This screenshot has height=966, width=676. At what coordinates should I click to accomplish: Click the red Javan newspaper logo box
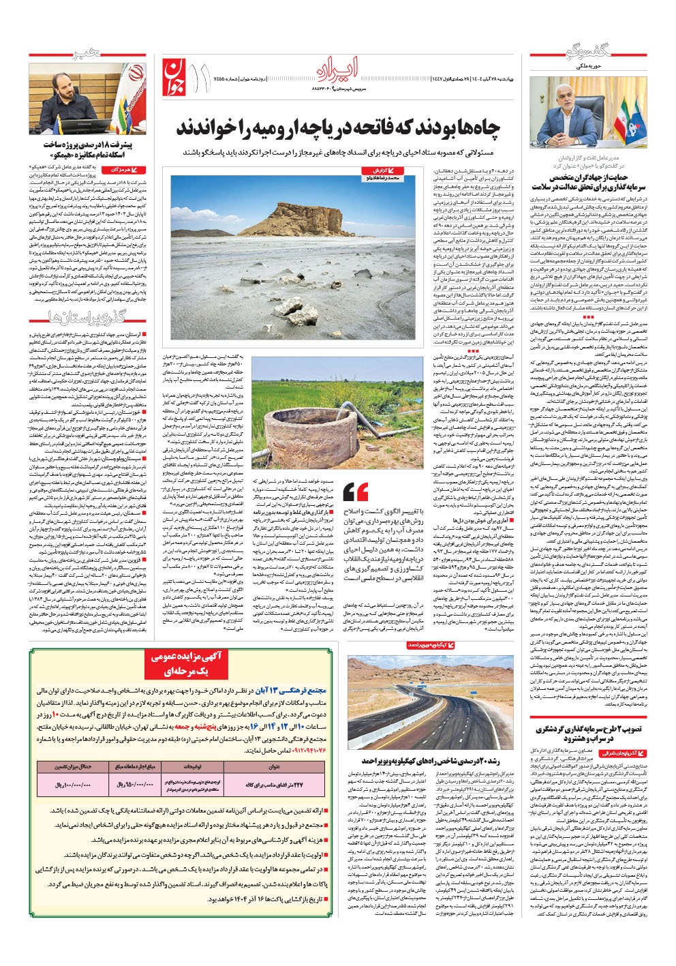point(174,75)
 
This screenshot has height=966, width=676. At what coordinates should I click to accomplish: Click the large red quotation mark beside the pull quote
point(356,491)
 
